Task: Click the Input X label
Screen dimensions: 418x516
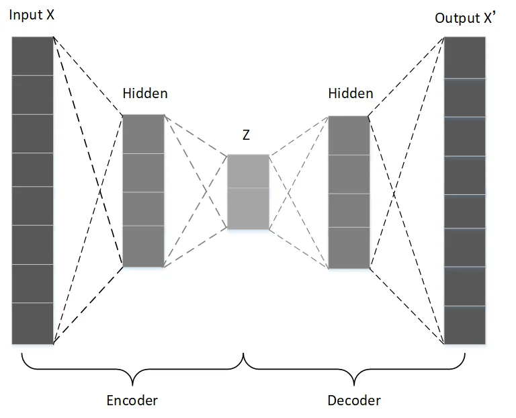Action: tap(32, 14)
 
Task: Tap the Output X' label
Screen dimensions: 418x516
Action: tap(465, 18)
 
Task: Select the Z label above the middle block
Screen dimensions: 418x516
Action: tap(247, 135)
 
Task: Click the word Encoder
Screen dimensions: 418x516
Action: tap(132, 401)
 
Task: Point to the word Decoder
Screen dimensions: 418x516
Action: tap(354, 401)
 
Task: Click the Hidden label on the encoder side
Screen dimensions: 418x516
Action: tap(145, 93)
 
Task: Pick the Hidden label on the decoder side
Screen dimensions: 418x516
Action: tap(351, 93)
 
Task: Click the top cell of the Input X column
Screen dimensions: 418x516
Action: tap(32, 56)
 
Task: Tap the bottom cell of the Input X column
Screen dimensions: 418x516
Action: tap(32, 323)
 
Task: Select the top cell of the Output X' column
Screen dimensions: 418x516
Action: tap(464, 58)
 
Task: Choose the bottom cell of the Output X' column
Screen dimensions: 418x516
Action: tap(464, 325)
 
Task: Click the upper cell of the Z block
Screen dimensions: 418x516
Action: tap(248, 171)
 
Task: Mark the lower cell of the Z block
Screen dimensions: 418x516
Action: tap(248, 208)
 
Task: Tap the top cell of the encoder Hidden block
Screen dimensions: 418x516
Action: tap(143, 134)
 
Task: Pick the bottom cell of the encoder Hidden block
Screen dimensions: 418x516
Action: tap(143, 247)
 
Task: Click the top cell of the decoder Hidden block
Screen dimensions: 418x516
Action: tap(349, 136)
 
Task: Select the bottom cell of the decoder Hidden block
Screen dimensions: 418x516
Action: tap(349, 248)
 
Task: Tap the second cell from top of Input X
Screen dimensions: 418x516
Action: tap(32, 95)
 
